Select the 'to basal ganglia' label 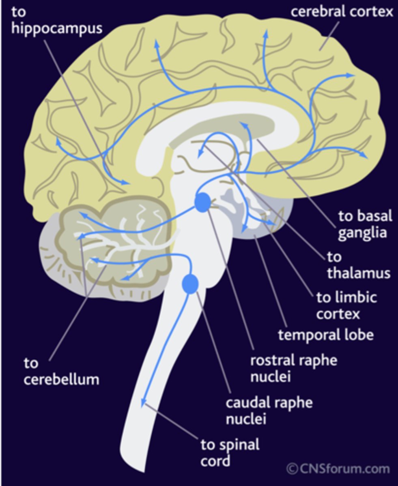pos(365,225)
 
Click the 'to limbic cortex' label pos(346,306)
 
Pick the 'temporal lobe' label pos(325,335)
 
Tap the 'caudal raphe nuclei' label pos(269,410)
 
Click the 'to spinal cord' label pos(230,452)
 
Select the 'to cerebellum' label pos(61,371)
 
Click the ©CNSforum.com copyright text pos(338,469)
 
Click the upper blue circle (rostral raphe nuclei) pos(202,202)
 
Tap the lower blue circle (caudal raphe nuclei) pos(190,283)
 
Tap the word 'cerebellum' pos(61,379)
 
